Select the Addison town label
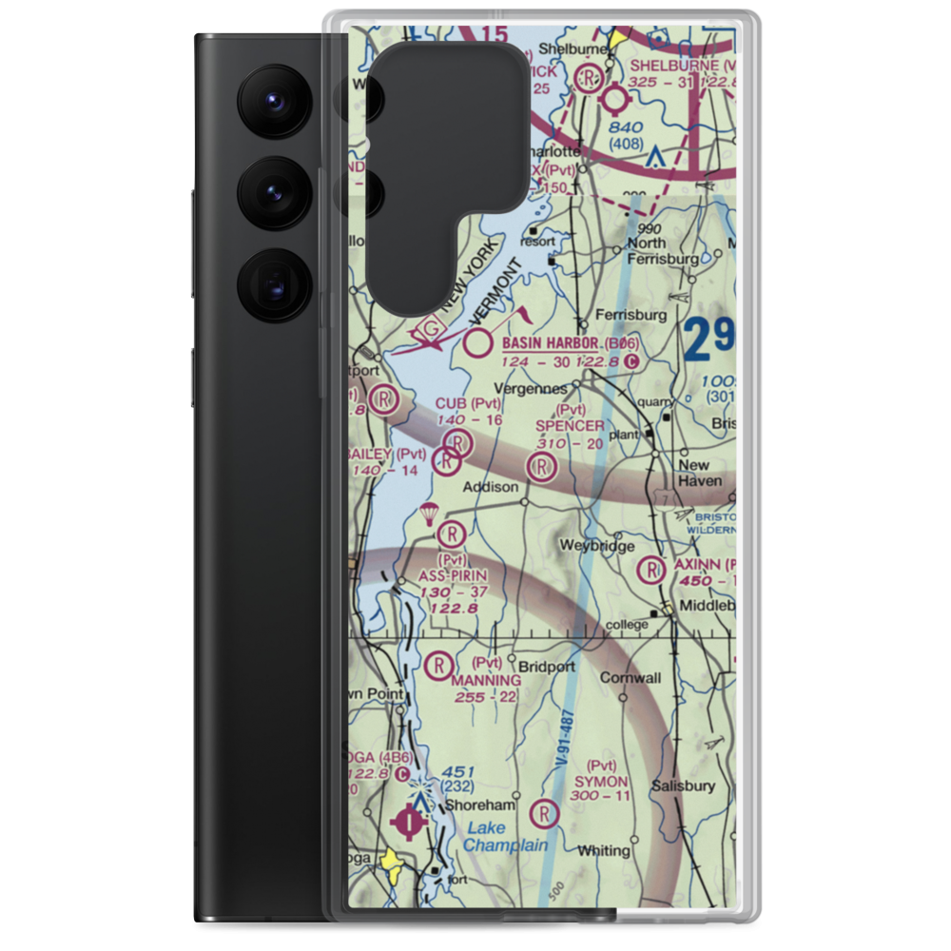pos(490,487)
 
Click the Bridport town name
pos(546,667)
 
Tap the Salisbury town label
pos(683,786)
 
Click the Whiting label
pos(605,851)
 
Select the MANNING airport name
pos(486,681)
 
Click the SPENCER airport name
pos(570,426)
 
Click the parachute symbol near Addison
pos(429,514)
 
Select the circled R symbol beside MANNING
pos(439,666)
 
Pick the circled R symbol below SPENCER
pos(541,466)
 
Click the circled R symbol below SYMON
pos(544,813)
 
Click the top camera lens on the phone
pos(270,98)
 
